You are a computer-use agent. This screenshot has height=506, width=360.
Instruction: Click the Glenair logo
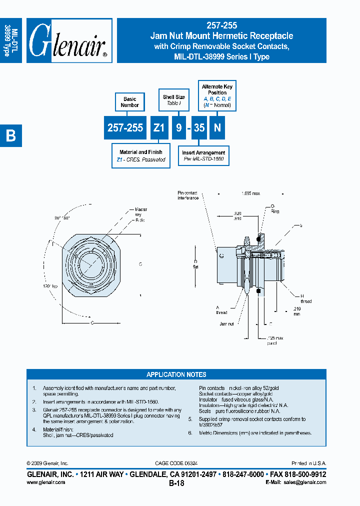pos(69,40)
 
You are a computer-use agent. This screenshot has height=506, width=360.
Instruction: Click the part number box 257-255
pos(125,128)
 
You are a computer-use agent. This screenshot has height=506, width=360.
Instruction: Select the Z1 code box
pos(158,128)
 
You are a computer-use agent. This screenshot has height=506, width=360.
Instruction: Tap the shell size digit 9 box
pos(179,128)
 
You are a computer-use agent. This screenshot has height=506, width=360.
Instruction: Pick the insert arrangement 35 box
pos(199,128)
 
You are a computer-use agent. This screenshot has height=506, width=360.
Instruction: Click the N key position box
pos(217,128)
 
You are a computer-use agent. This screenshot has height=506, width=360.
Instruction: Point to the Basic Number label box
pos(129,102)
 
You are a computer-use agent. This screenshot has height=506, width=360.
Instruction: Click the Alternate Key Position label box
pos(217,95)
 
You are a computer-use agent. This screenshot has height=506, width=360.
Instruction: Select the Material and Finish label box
pos(140,156)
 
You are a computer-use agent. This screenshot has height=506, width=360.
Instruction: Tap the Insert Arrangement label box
pos(203,156)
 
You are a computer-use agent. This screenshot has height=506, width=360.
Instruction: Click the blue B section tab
pos(11,135)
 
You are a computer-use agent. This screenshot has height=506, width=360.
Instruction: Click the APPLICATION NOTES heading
pos(176,374)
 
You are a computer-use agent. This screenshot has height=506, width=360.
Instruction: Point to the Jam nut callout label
pos(226,324)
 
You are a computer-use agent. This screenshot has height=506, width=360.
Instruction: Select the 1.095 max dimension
pos(250,193)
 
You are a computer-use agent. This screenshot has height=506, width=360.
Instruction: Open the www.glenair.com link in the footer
pos(45,482)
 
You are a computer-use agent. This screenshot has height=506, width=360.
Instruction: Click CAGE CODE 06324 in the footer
pos(176,463)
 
